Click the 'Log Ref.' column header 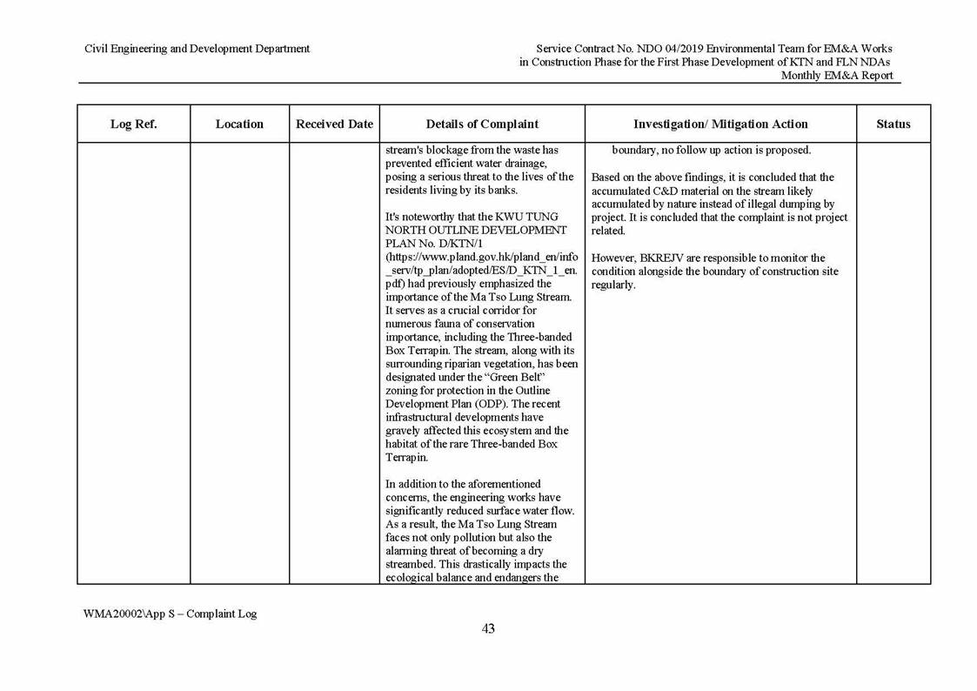133,124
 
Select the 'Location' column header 239,124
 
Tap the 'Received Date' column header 334,124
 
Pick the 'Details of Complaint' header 482,124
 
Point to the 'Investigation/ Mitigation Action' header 720,124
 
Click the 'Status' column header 893,124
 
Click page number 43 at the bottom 488,629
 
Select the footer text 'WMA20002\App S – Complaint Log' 170,614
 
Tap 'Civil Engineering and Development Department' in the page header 197,49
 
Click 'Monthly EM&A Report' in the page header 836,76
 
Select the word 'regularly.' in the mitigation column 613,285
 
